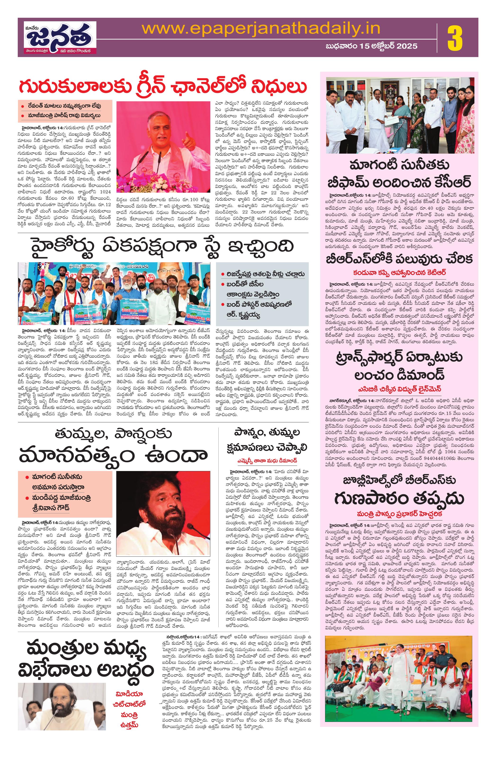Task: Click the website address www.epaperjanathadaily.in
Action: click(261, 29)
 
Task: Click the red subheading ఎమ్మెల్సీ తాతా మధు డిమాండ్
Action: click(266, 460)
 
